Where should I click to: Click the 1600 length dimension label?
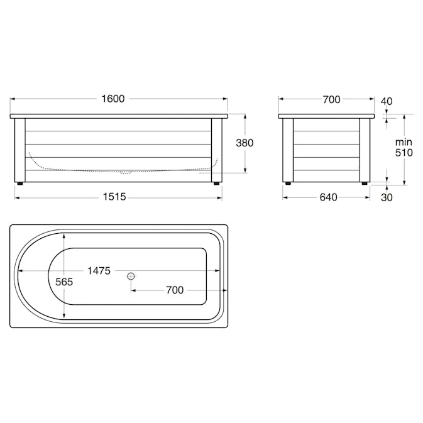click(x=113, y=99)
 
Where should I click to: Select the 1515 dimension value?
click(x=114, y=197)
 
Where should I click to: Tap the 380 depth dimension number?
click(x=244, y=143)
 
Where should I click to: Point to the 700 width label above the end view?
click(x=331, y=99)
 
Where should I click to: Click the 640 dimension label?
click(x=329, y=197)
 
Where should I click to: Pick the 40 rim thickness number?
click(x=387, y=101)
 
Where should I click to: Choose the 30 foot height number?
click(x=387, y=197)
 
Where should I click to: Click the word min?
click(x=404, y=142)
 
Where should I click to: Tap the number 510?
click(x=404, y=153)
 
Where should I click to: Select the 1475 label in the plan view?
click(x=99, y=270)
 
